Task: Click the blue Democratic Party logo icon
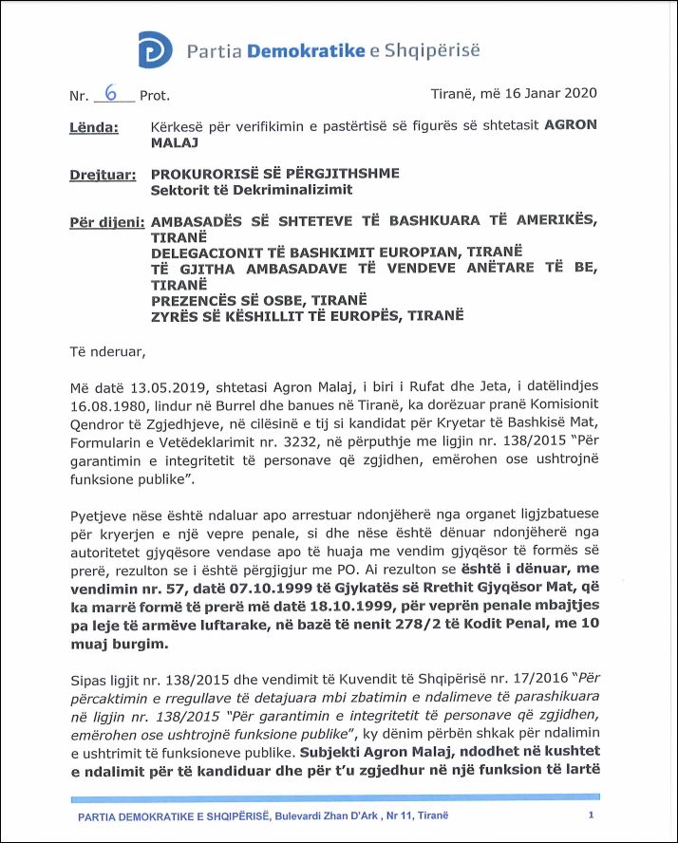click(x=157, y=49)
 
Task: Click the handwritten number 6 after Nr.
click(x=112, y=93)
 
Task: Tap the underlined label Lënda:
click(x=94, y=125)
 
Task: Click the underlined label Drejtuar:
click(x=102, y=175)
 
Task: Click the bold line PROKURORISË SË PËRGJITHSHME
click(x=275, y=174)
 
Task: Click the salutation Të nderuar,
click(x=108, y=352)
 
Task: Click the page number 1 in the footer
click(x=592, y=815)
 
